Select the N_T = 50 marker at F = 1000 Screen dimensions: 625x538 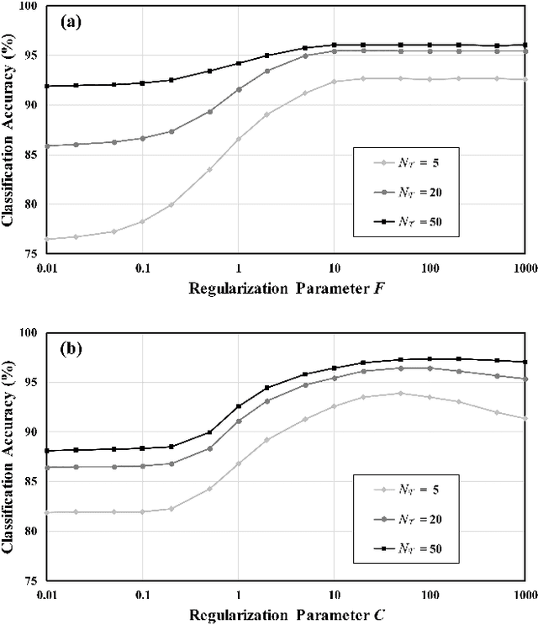(525, 45)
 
